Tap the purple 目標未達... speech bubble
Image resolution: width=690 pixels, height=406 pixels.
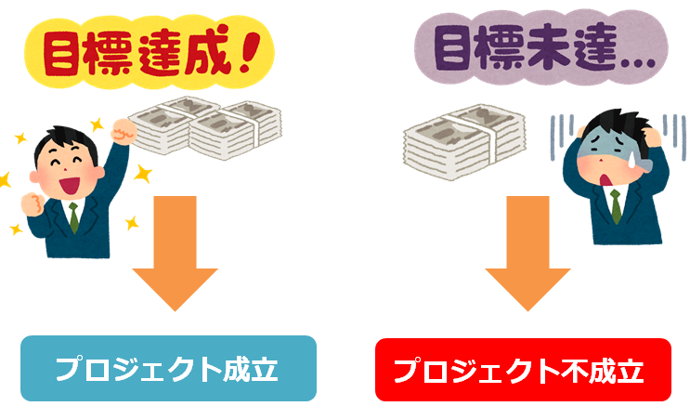coord(541,47)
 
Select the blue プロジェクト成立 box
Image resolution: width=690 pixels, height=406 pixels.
coord(168,368)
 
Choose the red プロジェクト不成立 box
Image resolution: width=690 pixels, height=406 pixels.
coord(523,370)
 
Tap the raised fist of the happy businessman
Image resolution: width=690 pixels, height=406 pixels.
coord(124,130)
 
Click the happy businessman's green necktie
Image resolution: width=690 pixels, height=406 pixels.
coord(74,217)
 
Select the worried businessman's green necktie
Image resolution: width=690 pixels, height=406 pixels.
coord(616,206)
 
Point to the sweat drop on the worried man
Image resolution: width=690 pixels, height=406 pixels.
coord(631,161)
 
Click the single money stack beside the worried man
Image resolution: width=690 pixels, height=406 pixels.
coord(464,142)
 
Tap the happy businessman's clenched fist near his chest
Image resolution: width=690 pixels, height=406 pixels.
coord(33,203)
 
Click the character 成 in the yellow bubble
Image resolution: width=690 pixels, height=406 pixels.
coord(208,51)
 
